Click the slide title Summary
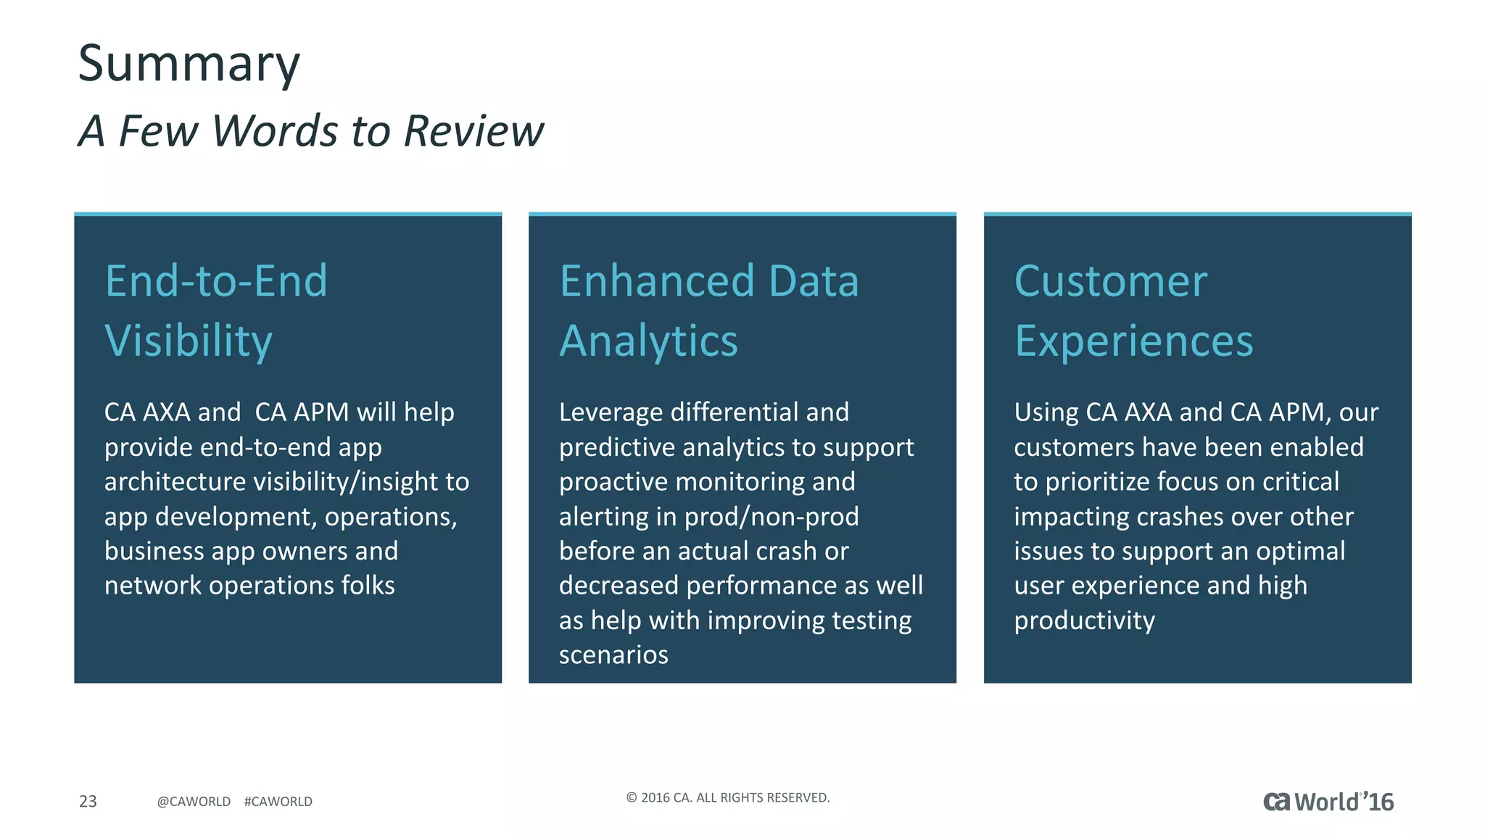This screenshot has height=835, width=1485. (x=189, y=64)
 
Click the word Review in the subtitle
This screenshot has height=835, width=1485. (x=473, y=131)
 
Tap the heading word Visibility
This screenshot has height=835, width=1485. (x=189, y=341)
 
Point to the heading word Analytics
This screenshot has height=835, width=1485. (x=648, y=341)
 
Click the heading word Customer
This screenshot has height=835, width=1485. (x=1110, y=281)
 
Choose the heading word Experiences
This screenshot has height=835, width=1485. (x=1133, y=341)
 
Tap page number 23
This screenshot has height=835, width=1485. (x=88, y=801)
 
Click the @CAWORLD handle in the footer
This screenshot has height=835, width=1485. (x=194, y=802)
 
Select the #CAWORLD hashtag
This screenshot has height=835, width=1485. (x=278, y=802)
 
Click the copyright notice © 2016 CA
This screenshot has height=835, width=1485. (x=727, y=797)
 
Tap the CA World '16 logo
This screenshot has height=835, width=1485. (x=1328, y=802)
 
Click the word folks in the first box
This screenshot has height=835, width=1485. (x=368, y=586)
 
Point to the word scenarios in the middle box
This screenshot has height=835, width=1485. (x=613, y=655)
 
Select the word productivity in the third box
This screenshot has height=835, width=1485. (x=1084, y=621)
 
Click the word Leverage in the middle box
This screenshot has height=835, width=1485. (x=611, y=413)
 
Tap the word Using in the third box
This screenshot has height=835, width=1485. (x=1046, y=413)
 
